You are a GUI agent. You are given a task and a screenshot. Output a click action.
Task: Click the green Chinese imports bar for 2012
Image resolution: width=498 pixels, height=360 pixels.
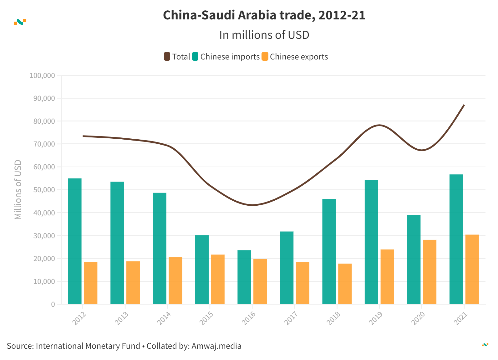tap(75, 241)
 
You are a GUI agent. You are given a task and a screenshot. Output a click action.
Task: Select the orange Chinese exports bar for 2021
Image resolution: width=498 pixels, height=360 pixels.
tap(472, 269)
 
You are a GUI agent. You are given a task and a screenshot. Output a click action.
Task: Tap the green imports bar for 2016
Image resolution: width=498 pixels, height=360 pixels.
tap(244, 277)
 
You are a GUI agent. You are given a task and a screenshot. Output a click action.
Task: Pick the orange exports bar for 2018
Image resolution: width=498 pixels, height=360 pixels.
tap(345, 284)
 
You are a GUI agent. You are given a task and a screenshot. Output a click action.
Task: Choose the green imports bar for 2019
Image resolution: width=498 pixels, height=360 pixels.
tap(371, 242)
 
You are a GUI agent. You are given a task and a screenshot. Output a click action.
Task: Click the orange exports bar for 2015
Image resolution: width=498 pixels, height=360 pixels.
tap(218, 279)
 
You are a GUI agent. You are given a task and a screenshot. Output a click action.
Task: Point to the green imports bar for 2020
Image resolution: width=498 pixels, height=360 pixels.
tap(414, 259)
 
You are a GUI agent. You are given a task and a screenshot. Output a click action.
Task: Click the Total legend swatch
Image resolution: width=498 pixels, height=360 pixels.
tap(167, 57)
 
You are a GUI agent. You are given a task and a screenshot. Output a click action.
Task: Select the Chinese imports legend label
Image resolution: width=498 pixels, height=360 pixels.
tap(230, 57)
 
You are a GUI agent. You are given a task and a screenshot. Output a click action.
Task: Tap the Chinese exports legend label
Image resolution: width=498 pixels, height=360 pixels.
tap(299, 57)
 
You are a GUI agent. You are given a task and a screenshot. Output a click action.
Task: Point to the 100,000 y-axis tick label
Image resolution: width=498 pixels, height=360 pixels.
tap(42, 75)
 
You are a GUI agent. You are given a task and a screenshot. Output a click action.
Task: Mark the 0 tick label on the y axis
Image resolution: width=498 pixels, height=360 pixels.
tap(53, 304)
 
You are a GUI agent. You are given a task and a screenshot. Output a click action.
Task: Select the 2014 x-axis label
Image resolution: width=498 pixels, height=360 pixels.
tap(164, 318)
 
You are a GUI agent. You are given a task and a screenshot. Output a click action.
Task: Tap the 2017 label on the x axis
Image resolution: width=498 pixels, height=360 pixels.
tap(291, 318)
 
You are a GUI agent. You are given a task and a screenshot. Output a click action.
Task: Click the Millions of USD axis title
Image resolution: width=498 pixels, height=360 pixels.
tap(18, 190)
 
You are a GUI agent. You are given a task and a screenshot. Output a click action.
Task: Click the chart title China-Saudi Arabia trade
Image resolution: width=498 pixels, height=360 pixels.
tap(264, 15)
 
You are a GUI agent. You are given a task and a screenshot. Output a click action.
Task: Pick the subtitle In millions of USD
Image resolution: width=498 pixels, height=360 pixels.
tap(264, 35)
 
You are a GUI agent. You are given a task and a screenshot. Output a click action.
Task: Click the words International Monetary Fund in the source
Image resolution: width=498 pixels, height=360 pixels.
tap(88, 346)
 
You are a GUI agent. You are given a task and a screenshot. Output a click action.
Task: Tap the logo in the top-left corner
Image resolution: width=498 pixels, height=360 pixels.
tap(20, 22)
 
